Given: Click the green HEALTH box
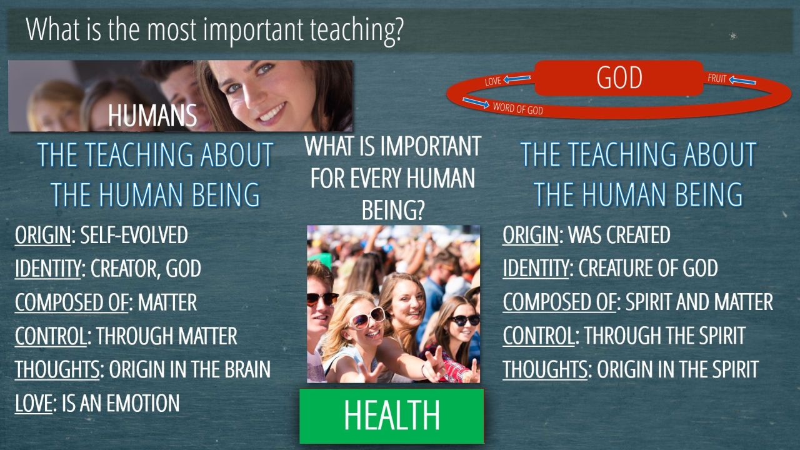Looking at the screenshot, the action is (392, 416).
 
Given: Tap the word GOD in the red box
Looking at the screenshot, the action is (619, 77).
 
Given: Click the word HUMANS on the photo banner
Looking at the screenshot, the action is (152, 116).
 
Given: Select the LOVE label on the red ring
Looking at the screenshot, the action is (493, 81).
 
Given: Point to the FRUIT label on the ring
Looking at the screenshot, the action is (717, 78).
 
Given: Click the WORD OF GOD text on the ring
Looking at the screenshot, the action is (518, 108).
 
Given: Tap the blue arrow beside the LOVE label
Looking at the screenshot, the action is (517, 79).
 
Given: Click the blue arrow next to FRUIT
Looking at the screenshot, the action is (742, 80).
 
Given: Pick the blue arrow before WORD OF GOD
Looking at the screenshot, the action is (476, 102).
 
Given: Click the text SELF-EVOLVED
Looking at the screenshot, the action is (134, 235).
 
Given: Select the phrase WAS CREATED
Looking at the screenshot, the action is (619, 235).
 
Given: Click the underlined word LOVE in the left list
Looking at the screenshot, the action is (34, 403).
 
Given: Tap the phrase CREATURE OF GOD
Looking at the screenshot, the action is (648, 268).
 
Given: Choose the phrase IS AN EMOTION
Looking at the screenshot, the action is (121, 403).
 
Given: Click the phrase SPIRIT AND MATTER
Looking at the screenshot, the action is (699, 302).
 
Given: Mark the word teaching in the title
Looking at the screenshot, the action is (356, 31).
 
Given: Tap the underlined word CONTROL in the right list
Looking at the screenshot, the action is (538, 336).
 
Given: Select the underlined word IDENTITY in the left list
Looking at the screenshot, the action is (48, 268).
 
